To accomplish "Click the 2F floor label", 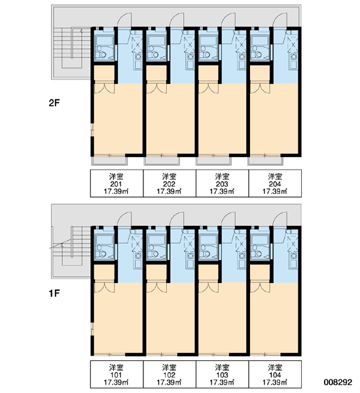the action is tap(54, 103).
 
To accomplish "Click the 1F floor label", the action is tap(54, 293).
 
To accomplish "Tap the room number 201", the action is tap(117, 184).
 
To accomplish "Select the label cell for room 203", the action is tap(222, 183).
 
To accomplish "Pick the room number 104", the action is tap(275, 375).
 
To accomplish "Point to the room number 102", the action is tap(170, 375).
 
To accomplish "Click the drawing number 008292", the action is tap(338, 383).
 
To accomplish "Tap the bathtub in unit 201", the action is tap(105, 41).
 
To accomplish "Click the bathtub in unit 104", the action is tap(260, 240).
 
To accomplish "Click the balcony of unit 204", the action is tap(264, 160).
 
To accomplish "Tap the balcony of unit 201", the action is tap(109, 160).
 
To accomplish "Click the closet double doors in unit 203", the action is tap(208, 88).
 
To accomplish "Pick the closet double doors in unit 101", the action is tap(104, 288).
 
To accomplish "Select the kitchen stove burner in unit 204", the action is tap(293, 56).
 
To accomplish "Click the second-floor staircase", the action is tap(72, 48).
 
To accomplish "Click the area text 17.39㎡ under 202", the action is tap(170, 192).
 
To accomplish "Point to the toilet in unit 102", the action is tap(153, 253).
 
